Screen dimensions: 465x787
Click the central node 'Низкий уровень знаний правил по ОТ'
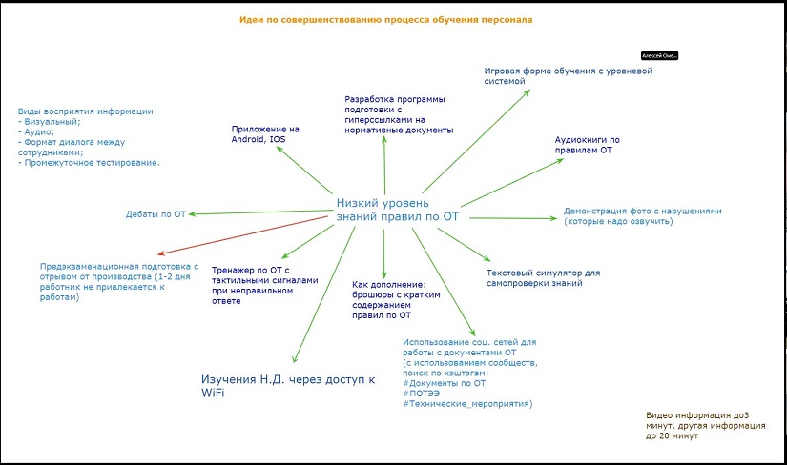398,210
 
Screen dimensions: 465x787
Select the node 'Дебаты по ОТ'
155,214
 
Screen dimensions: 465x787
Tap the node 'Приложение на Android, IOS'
265,134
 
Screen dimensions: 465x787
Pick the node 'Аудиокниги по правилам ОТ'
589,145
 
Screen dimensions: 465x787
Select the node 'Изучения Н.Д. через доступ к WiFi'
288,386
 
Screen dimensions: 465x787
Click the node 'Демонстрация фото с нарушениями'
643,215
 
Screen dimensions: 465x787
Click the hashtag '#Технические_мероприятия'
467,404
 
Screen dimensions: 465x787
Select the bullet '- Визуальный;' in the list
50,121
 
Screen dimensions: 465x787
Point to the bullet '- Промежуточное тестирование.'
89,163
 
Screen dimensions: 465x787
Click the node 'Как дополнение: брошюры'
389,299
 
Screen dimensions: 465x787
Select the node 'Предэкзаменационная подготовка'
118,282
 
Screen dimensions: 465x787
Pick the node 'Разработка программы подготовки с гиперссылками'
399,114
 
